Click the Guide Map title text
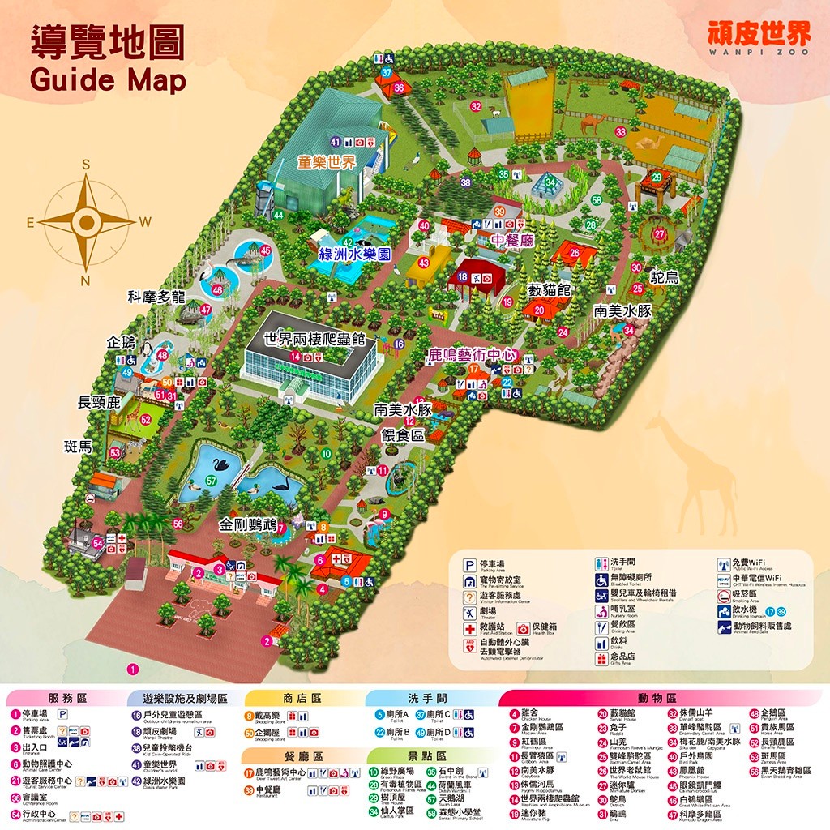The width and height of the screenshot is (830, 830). click(x=108, y=81)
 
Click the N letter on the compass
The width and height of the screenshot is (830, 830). click(x=85, y=280)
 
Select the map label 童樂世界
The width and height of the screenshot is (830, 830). click(x=326, y=162)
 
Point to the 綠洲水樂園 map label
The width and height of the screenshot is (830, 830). click(x=355, y=255)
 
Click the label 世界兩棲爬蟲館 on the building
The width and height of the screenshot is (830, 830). click(x=314, y=339)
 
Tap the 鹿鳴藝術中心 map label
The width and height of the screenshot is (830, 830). click(x=473, y=354)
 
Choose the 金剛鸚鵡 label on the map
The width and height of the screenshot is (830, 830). click(x=248, y=525)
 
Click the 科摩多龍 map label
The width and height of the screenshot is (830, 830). click(x=156, y=297)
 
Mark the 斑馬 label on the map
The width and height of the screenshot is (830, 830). click(x=78, y=445)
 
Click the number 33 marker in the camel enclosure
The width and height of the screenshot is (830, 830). click(x=621, y=131)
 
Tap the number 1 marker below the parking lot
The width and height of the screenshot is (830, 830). click(x=133, y=670)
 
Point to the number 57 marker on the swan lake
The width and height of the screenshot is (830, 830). click(x=211, y=481)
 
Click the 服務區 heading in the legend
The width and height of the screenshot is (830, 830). click(x=67, y=698)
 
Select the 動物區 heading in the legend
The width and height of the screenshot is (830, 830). click(x=657, y=698)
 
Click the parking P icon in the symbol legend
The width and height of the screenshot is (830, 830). click(x=469, y=565)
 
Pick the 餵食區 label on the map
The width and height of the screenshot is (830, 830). click(x=403, y=435)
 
